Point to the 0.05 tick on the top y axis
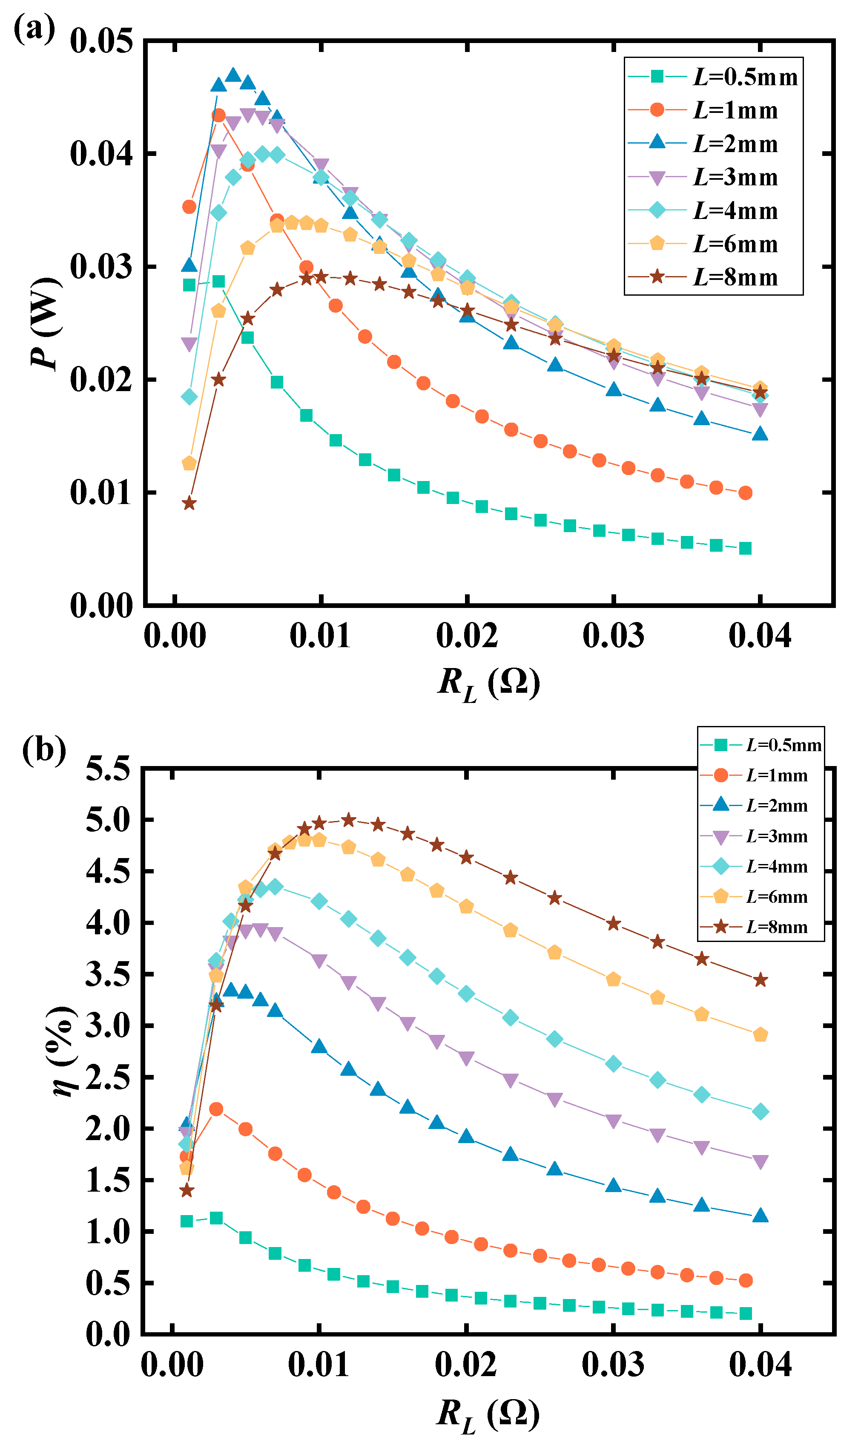[101, 42]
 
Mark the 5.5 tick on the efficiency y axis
[108, 770]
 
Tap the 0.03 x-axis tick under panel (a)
[613, 635]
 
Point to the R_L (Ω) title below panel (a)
[488, 684]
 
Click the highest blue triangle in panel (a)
[233, 75]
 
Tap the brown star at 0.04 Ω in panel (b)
[760, 980]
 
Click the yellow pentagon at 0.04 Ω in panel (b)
[760, 1035]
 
